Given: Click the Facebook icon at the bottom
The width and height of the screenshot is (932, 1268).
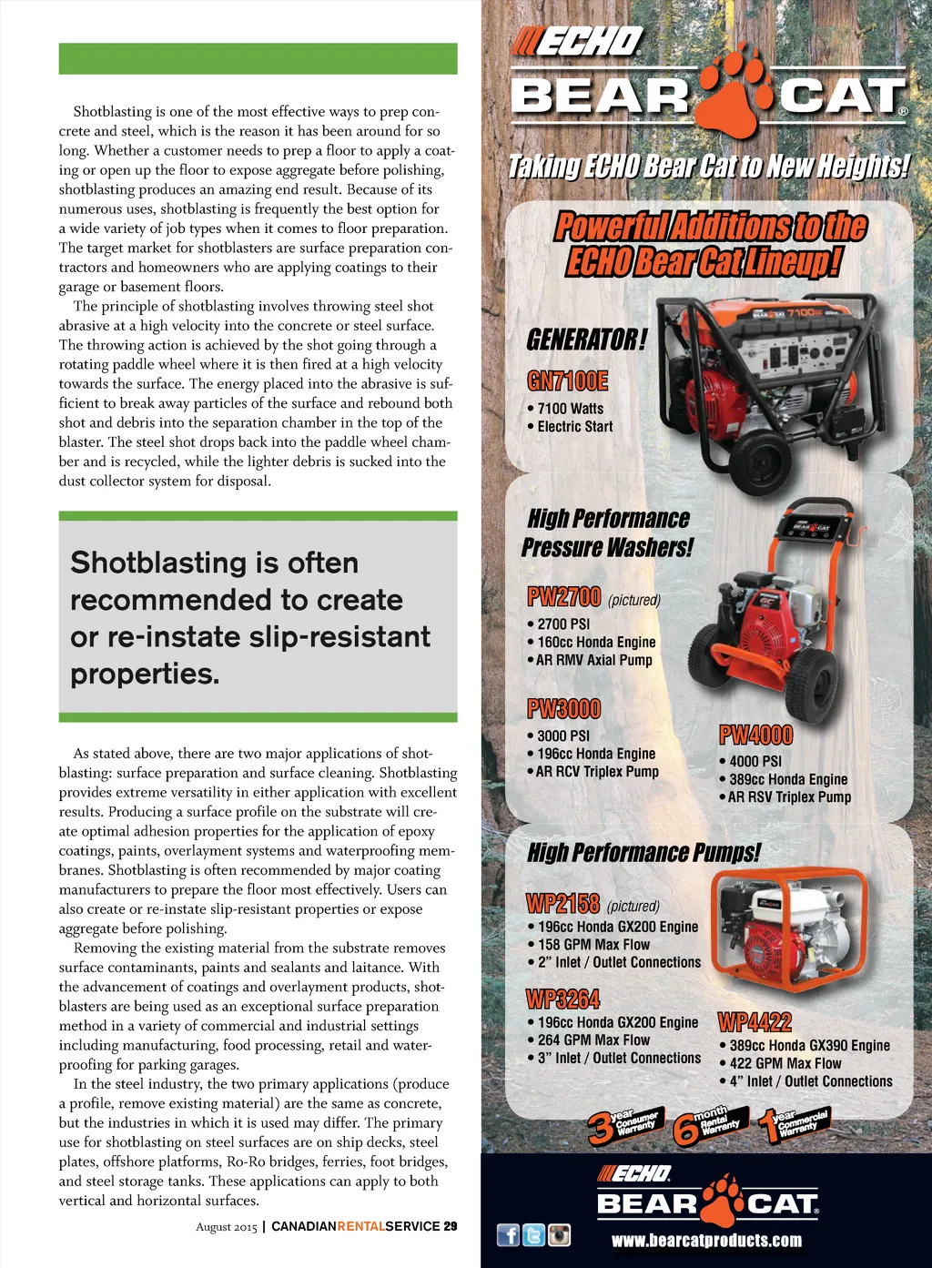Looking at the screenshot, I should click(508, 1234).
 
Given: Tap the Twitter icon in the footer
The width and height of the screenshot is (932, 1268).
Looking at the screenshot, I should click(533, 1234).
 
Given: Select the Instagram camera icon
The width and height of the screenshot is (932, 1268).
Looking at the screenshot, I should click(559, 1234).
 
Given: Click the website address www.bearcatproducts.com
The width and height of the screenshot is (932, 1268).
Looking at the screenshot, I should click(706, 1241).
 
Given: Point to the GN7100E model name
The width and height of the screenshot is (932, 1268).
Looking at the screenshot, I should click(568, 380).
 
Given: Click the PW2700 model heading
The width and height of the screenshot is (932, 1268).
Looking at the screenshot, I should click(564, 597).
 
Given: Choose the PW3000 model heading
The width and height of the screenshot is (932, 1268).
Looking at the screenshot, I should click(564, 708).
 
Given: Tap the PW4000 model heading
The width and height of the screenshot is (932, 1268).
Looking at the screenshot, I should click(755, 735).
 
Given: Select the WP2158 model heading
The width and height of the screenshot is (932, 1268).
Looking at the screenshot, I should click(562, 904).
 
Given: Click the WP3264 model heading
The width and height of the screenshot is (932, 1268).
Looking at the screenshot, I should click(563, 999).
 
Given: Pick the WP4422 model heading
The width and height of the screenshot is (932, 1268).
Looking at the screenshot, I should click(755, 1022).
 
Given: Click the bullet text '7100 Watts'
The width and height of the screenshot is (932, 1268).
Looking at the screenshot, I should click(570, 409).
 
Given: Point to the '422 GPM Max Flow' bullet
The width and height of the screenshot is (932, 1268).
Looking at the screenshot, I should click(785, 1063).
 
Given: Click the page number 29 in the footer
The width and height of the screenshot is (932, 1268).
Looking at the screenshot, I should click(451, 1226).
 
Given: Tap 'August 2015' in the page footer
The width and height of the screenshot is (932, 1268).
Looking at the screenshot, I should click(227, 1227).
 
